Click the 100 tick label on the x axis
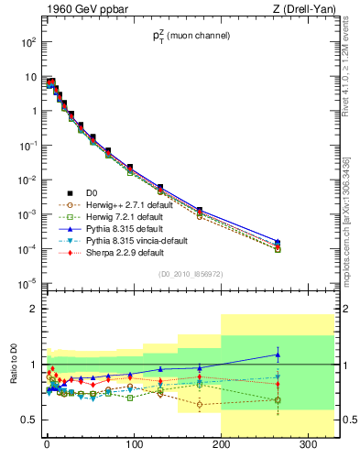(134, 446)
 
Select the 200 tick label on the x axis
(221, 446)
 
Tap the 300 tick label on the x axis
(308, 446)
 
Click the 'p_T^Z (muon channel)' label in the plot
(190, 36)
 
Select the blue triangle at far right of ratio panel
(278, 354)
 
